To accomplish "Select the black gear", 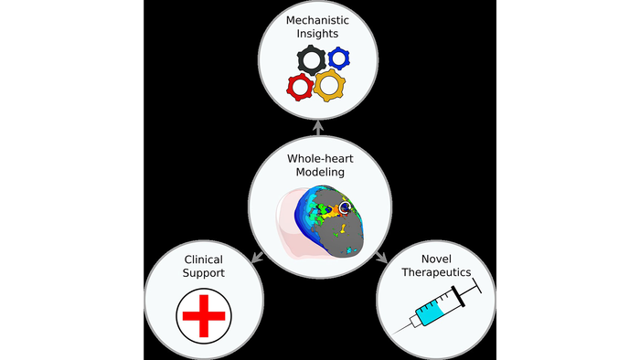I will tap(312, 62).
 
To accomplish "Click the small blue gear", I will tap(340, 58).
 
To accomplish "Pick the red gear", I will tap(299, 87).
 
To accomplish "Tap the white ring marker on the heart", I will tap(345, 209).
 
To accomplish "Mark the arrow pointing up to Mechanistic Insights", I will tap(320, 128).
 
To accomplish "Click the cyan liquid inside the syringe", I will tap(429, 316).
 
